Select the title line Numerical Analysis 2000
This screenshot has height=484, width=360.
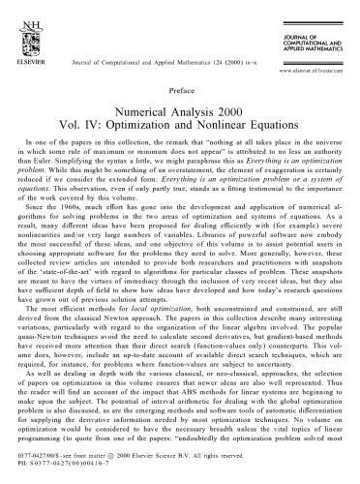pos(180,122)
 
